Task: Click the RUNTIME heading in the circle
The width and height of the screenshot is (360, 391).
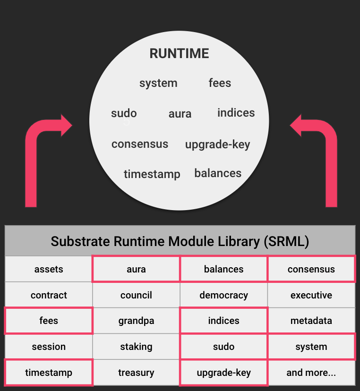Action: tap(179, 53)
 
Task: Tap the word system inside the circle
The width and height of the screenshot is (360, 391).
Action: tap(158, 83)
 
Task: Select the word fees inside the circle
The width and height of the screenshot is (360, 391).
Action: tap(220, 83)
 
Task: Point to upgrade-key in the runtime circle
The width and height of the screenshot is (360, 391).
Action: tap(217, 144)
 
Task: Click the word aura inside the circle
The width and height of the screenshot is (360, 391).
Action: tap(180, 114)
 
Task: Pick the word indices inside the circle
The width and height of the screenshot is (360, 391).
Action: tap(236, 113)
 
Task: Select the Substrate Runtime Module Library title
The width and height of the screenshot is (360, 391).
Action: tap(180, 241)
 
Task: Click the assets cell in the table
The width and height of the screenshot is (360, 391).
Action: tap(49, 269)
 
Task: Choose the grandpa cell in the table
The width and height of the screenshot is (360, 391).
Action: tap(136, 321)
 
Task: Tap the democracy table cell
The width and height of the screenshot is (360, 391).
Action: tap(223, 295)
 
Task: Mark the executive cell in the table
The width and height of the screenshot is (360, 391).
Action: tap(311, 295)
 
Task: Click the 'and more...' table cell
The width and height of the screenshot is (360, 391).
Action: tap(311, 373)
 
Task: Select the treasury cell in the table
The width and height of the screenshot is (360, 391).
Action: tap(136, 373)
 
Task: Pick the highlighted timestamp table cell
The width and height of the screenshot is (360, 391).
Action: tap(49, 373)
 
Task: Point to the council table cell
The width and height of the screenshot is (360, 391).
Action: tap(136, 295)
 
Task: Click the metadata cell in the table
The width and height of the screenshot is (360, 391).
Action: tap(311, 321)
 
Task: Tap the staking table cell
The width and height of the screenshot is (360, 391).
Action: tap(136, 347)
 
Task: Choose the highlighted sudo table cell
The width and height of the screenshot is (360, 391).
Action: tap(223, 347)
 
